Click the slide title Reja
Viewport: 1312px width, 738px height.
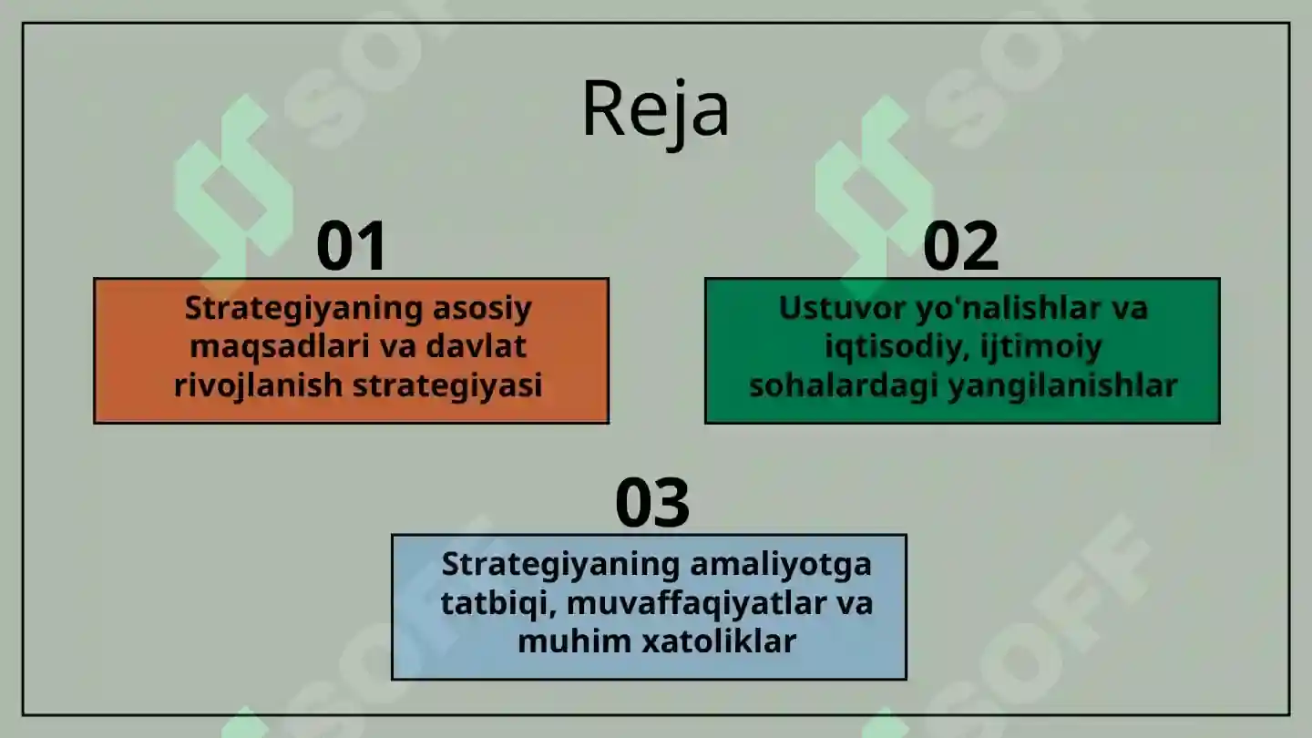655,109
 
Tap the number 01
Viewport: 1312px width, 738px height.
352,246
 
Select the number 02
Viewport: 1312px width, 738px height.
960,246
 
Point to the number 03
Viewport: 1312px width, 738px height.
652,503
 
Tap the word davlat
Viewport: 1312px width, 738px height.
479,347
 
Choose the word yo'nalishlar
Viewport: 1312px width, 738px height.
1006,308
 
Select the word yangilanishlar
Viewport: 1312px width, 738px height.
1062,385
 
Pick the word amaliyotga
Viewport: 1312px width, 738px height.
780,564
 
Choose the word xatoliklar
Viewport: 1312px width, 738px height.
720,641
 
